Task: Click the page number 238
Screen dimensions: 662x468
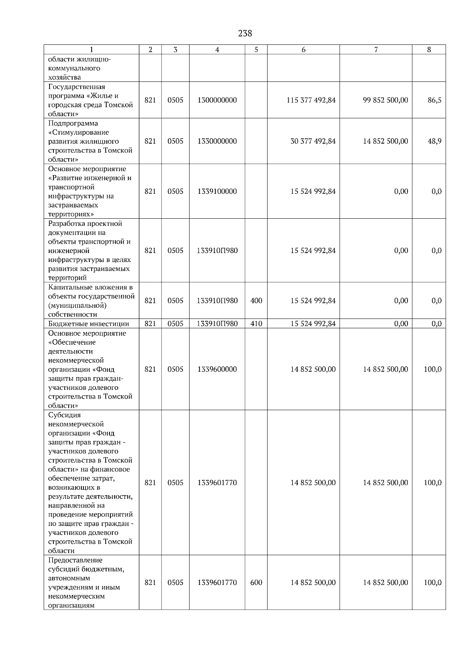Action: [245, 34]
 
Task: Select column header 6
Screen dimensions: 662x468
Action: [303, 50]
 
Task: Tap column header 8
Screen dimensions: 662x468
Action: [429, 50]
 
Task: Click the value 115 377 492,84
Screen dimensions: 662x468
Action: [311, 100]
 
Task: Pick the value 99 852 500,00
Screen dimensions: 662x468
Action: [385, 100]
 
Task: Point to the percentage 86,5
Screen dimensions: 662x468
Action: [434, 100]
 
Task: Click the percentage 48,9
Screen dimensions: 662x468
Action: [434, 141]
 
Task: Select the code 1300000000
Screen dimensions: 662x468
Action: [217, 100]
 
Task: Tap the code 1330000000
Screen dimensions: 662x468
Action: [217, 141]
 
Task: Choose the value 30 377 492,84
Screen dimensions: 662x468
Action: [313, 141]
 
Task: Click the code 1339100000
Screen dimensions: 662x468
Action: [217, 191]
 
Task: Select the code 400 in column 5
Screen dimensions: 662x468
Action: [256, 301]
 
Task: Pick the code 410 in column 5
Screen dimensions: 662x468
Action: [256, 324]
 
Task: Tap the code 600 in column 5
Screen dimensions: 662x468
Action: [256, 582]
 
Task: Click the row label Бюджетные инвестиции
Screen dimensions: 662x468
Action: [89, 324]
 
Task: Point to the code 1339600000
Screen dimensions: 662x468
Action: [217, 369]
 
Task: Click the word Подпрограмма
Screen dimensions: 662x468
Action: [73, 124]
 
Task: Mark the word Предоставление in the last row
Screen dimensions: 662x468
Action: [75, 560]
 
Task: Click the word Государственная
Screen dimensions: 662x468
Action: [77, 87]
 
